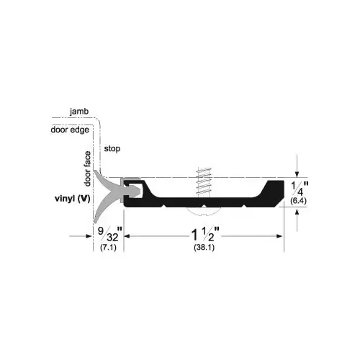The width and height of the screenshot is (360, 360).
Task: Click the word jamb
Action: tap(80, 112)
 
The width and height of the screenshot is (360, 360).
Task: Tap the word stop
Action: tap(112, 149)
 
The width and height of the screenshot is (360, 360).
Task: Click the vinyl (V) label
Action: tap(70, 198)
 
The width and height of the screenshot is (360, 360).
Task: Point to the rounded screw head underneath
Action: tap(204, 210)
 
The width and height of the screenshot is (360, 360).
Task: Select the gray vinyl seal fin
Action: tap(108, 193)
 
